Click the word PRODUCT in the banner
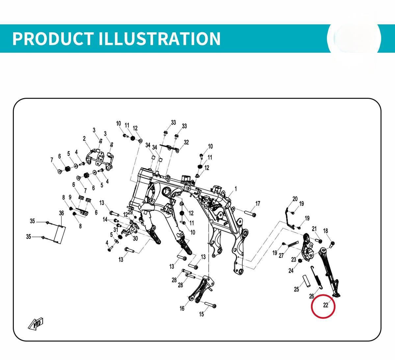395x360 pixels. pos(53,39)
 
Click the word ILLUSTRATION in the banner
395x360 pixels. pos(159,39)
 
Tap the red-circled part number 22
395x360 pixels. pos(326,305)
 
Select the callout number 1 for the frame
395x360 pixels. pos(236,189)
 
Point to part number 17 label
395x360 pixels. pos(258,203)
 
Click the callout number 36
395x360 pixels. pos(62,213)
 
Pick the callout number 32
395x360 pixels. pos(186,142)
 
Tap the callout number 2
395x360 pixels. pos(84,139)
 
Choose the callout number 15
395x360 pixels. pos(201,314)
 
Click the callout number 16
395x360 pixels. pos(182,308)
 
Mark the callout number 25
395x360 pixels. pos(296,289)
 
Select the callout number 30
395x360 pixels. pos(135,238)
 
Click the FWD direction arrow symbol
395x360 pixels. pos(36,323)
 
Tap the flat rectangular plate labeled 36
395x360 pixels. pos(60,235)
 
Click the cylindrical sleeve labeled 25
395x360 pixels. pos(306,281)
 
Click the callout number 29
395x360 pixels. pos(130,212)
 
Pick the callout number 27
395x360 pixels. pos(281,256)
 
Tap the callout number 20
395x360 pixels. pos(295,199)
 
